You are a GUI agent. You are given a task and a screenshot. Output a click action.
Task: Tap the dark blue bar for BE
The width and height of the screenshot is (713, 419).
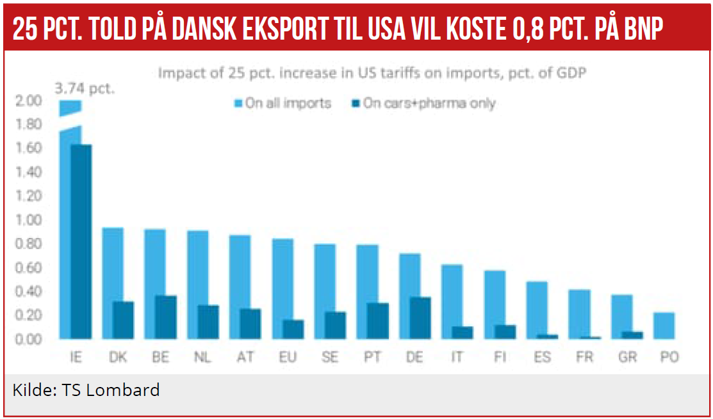click(x=166, y=317)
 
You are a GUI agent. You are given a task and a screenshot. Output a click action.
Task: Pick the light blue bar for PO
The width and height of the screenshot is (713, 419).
click(x=664, y=326)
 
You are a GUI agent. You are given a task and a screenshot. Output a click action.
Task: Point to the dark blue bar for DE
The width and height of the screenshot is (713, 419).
click(x=420, y=318)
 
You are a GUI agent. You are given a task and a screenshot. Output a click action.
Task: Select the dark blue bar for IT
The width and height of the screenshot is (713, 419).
click(x=462, y=333)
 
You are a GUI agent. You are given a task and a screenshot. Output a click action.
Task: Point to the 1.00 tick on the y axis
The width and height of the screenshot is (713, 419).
click(x=29, y=220)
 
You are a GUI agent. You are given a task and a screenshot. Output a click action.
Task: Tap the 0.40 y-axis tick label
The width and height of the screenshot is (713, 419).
click(x=29, y=292)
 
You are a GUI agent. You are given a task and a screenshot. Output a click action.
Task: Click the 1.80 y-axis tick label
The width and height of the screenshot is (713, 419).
click(x=29, y=124)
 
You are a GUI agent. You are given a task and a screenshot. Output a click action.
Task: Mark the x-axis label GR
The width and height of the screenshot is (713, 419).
click(x=627, y=358)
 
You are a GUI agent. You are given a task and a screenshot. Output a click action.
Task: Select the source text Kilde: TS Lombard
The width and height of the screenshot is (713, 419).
click(x=86, y=390)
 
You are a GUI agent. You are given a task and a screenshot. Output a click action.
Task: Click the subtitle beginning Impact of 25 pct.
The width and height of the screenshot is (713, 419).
click(x=373, y=73)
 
